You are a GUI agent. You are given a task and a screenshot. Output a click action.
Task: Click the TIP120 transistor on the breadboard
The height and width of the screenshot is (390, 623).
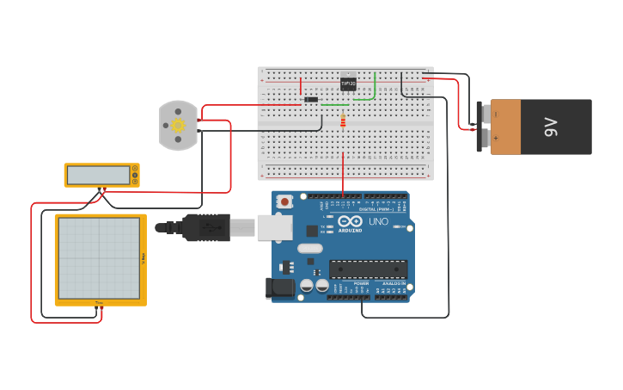pos(348,84)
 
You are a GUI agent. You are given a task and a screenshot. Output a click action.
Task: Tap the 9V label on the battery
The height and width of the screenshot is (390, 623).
pos(551,127)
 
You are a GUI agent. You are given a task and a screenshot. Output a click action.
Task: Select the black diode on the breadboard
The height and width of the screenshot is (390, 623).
pos(311,100)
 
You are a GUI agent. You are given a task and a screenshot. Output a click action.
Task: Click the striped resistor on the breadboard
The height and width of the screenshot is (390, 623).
pos(343,121)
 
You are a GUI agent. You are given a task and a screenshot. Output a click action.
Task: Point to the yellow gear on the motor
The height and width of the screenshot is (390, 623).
pos(178,126)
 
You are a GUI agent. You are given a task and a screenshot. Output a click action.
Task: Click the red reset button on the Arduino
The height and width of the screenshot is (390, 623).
pos(284,201)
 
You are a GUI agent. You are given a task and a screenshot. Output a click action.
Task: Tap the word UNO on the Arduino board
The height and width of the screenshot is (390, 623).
pos(378,222)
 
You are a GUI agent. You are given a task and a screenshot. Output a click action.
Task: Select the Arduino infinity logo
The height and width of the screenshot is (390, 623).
pos(351,220)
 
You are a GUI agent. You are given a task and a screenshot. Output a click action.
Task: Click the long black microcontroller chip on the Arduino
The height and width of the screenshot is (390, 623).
pos(368,269)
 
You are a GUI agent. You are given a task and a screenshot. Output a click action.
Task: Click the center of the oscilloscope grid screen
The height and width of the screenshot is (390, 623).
pos(99,257)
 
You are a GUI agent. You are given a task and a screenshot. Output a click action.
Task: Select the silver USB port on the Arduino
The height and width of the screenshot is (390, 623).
pos(274,227)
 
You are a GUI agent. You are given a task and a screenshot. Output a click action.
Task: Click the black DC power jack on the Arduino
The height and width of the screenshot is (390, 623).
pos(280,288)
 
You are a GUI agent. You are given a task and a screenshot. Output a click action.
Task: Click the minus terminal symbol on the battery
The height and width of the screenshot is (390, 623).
pos(496,114)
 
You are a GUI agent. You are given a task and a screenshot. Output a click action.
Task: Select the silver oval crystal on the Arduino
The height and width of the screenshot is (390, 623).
pos(310,248)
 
